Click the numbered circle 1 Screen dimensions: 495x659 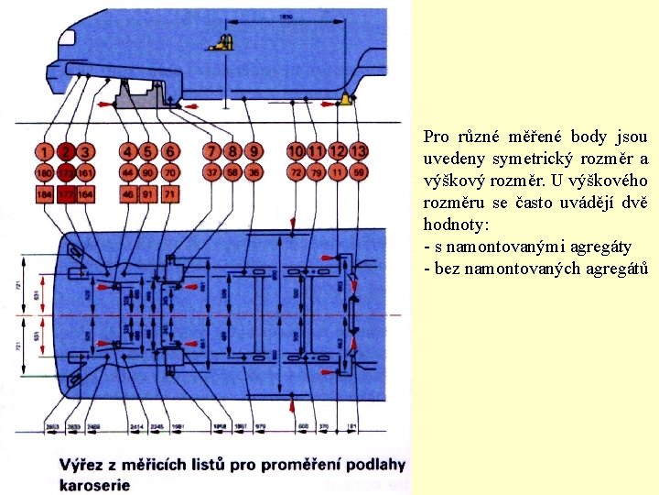pyautogui.click(x=44, y=151)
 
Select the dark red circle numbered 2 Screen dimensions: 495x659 pyautogui.click(x=65, y=151)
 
